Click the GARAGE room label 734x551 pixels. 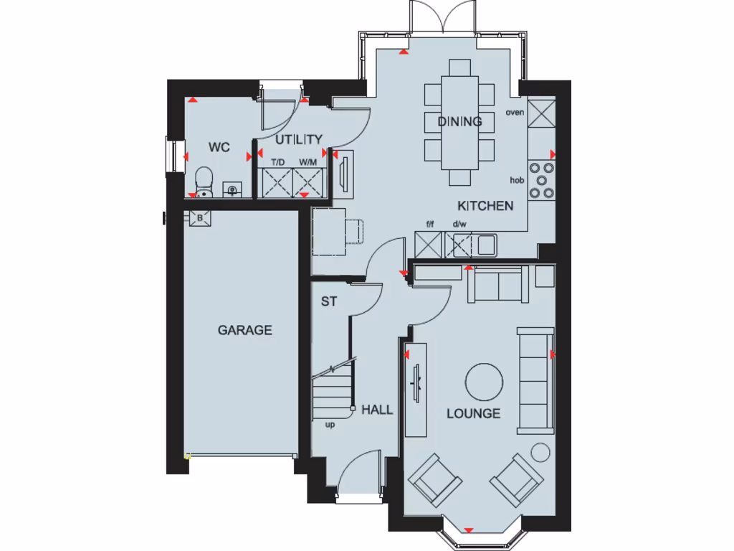(x=245, y=330)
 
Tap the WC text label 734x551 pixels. (x=219, y=147)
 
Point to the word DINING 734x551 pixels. (x=459, y=121)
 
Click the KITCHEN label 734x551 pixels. (x=485, y=206)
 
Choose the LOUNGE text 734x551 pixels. (x=473, y=413)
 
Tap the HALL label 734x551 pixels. (x=377, y=410)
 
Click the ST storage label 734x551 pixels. (x=328, y=302)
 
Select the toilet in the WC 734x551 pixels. (x=204, y=182)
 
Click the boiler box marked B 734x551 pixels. (x=199, y=217)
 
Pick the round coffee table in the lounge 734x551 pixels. (x=484, y=382)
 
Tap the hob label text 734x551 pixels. (x=518, y=180)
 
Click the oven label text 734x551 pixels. (x=515, y=112)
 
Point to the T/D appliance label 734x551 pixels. (x=277, y=163)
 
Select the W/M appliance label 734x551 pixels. (x=308, y=163)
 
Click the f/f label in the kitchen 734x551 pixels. (x=430, y=225)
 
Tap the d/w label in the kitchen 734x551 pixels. (x=459, y=225)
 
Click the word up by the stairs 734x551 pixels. (x=330, y=424)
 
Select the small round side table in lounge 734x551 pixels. (x=540, y=451)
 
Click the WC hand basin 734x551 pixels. (x=232, y=189)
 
